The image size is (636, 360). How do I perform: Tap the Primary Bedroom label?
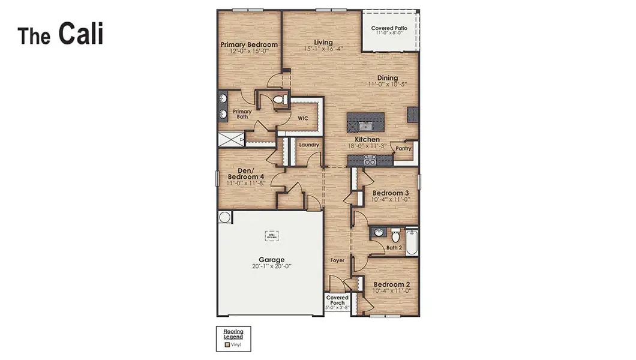pos(249,45)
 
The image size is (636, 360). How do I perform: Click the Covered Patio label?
pos(390,28)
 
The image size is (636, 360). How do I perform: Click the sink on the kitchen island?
pos(365,125)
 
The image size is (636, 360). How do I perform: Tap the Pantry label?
pos(403,148)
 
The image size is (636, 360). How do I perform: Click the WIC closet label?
pos(304,119)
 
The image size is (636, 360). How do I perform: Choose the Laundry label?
pos(308,145)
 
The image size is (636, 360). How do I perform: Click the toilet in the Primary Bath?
pos(278,100)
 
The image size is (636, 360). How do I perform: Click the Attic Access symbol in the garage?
pos(272,236)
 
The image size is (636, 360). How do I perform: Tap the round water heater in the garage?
pos(224,217)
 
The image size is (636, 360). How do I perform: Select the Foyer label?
pos(338,260)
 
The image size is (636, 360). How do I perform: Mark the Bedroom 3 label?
pos(391,193)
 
